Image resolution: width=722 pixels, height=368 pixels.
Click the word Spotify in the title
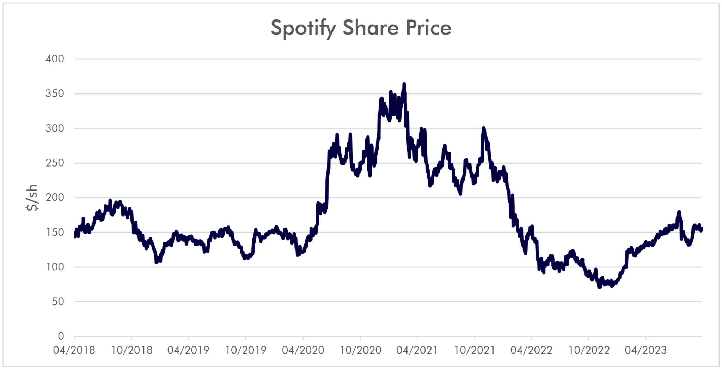(303, 28)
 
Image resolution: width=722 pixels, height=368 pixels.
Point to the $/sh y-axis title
(32, 198)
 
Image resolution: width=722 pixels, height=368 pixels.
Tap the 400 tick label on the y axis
(55, 59)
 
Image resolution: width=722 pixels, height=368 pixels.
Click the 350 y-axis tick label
(55, 93)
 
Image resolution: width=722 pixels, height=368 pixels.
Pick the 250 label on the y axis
(55, 163)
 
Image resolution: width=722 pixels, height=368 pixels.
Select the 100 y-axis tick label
(55, 267)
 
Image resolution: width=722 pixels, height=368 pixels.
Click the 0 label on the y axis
(61, 336)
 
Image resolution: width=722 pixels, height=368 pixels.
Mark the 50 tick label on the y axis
(58, 302)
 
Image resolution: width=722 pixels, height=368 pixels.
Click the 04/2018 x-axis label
(74, 350)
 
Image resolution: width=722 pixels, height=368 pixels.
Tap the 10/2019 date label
(246, 350)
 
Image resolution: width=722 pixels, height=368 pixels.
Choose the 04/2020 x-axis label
(303, 350)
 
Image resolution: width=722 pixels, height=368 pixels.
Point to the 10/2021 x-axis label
(475, 350)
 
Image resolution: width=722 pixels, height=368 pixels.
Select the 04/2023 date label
(645, 350)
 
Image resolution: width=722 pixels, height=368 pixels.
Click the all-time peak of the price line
(404, 84)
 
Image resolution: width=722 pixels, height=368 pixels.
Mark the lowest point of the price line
(599, 287)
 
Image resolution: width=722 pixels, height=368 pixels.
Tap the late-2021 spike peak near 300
(483, 128)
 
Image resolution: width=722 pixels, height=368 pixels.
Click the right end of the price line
(702, 229)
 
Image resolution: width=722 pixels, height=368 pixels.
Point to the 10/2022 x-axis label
(589, 350)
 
